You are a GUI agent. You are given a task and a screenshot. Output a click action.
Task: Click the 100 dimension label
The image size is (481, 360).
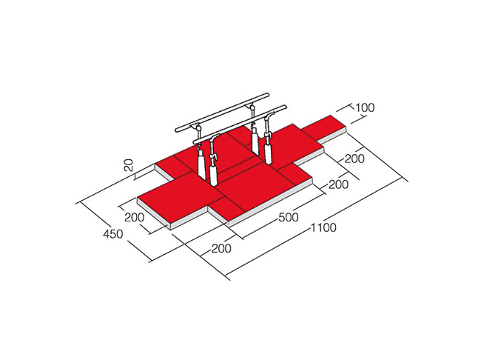(365, 108)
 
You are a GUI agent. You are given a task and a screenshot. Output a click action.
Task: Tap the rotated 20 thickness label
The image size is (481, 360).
(129, 165)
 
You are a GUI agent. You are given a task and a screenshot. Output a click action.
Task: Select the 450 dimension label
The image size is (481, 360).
(113, 234)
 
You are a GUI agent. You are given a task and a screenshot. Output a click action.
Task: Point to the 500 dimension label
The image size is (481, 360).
(289, 217)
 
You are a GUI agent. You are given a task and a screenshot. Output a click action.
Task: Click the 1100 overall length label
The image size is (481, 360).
(323, 227)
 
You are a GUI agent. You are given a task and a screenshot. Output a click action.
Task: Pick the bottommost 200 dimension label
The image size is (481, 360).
(221, 248)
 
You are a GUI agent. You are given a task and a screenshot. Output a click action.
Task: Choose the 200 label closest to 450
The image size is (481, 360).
(135, 217)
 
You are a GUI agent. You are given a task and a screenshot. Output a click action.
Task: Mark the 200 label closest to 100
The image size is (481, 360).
(354, 159)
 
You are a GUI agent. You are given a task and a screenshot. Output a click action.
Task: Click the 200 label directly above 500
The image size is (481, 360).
(339, 184)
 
